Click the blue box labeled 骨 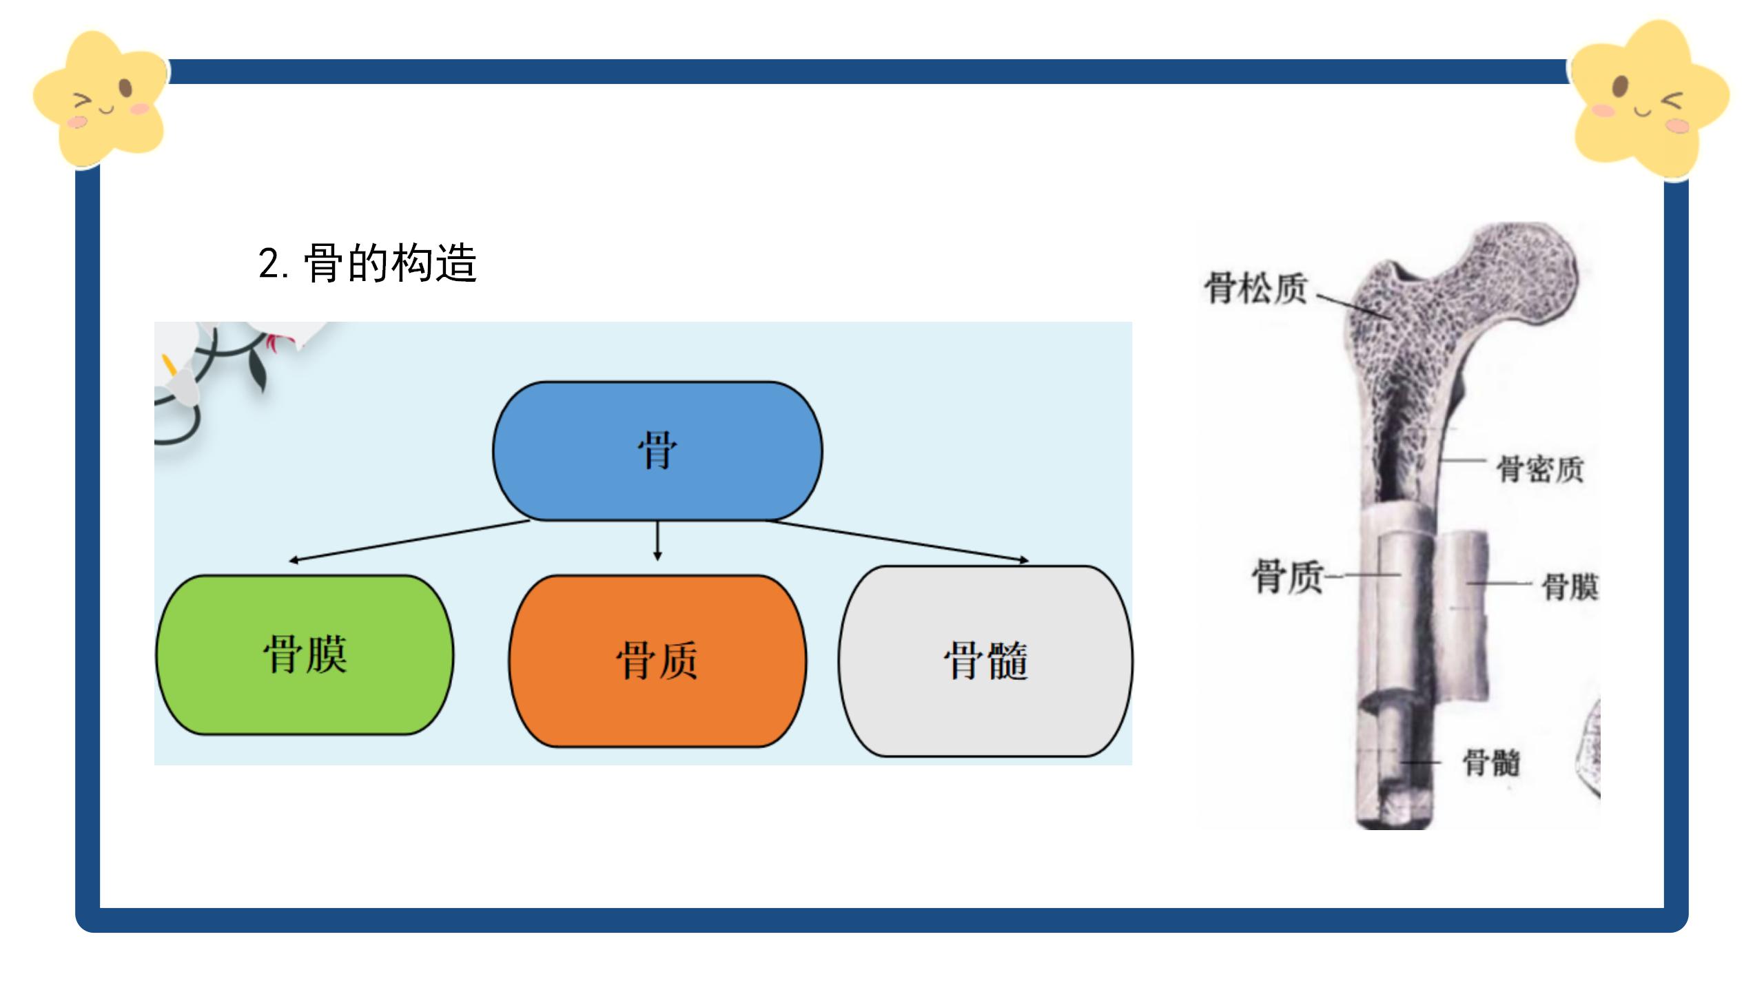(657, 451)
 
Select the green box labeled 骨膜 (305, 654)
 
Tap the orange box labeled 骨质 (657, 661)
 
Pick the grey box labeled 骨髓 (985, 661)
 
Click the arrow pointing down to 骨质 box (657, 541)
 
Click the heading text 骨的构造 (390, 263)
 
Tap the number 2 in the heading (269, 264)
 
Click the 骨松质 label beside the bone (1255, 288)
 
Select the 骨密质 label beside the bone (1540, 470)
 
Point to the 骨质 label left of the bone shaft (1286, 576)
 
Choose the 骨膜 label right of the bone (1570, 587)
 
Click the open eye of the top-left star (125, 87)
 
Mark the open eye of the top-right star (1621, 87)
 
